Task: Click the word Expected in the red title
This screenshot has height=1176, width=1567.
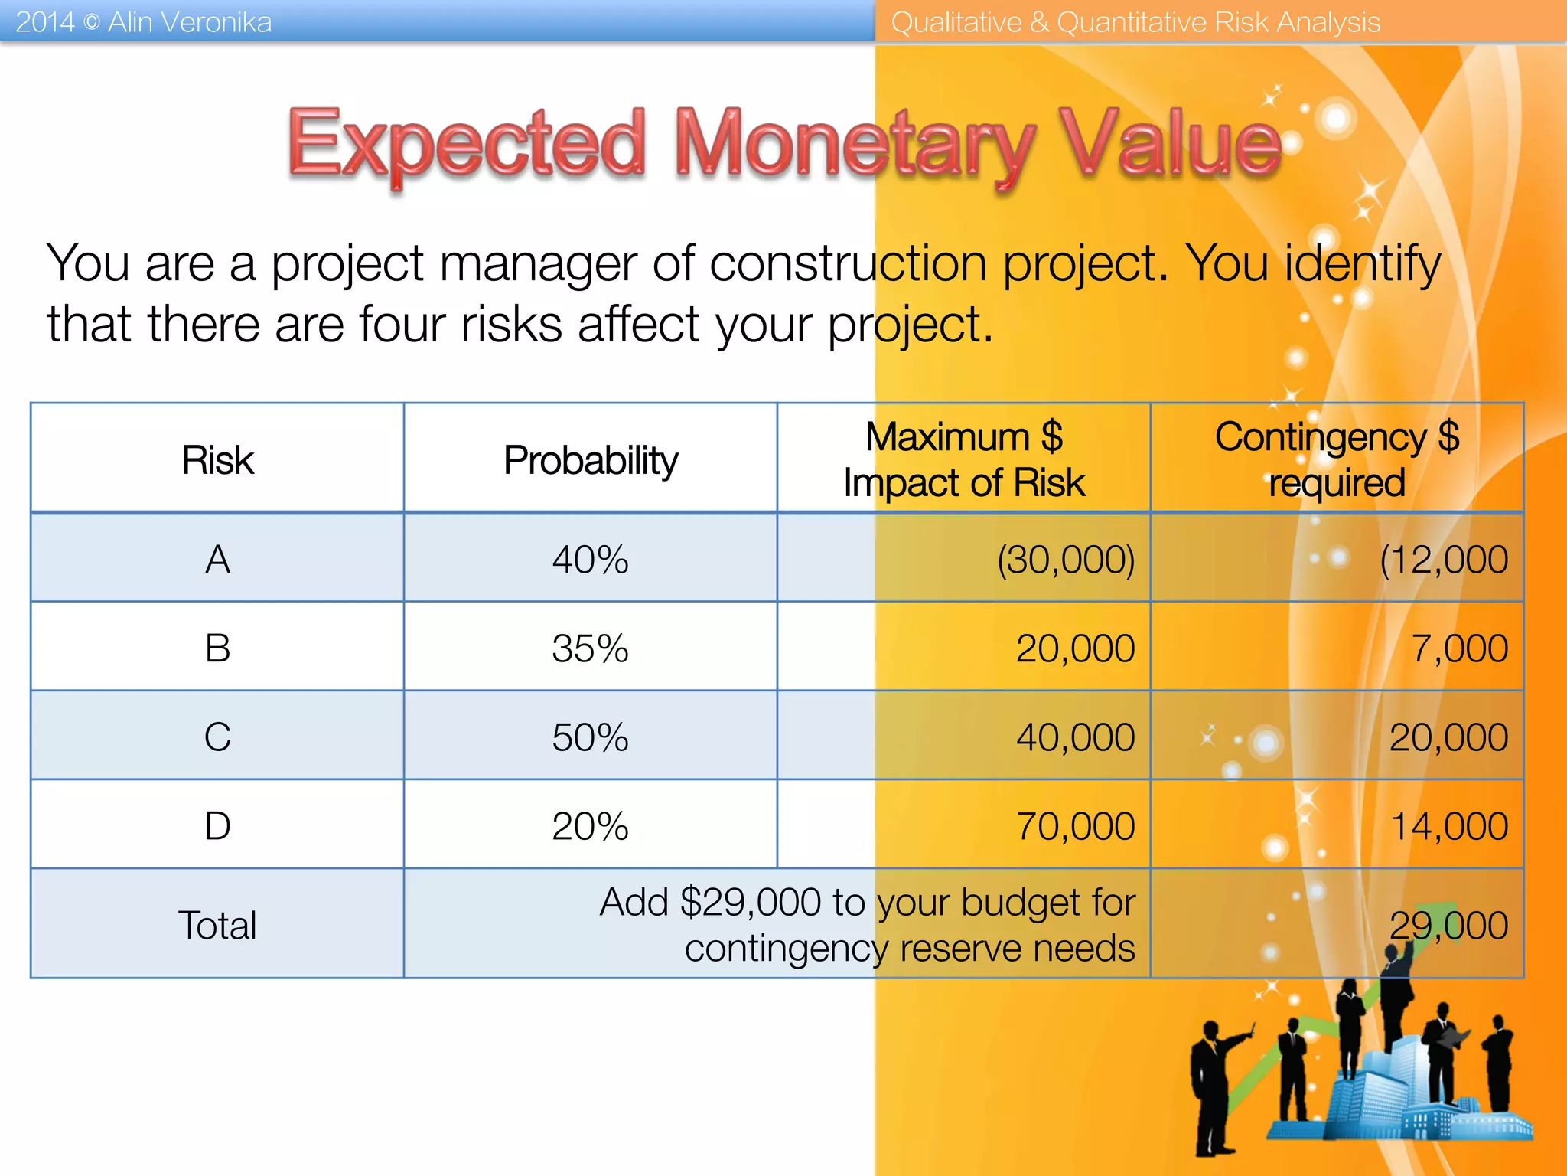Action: click(467, 144)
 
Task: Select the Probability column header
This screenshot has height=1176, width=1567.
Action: click(591, 460)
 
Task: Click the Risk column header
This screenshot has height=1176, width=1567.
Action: click(217, 460)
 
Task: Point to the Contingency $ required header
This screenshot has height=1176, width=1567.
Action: click(1337, 459)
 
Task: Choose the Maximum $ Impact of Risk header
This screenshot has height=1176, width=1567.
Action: click(964, 459)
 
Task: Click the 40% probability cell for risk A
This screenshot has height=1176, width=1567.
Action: click(590, 560)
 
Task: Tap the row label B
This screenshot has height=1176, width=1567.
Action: click(217, 648)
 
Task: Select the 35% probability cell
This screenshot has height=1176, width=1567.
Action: click(590, 648)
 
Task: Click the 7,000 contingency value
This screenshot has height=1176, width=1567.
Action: click(1459, 648)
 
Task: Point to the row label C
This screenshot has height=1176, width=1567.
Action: click(217, 737)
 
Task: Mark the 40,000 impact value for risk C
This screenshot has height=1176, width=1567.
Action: click(1075, 737)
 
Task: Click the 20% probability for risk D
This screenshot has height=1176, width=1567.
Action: click(590, 826)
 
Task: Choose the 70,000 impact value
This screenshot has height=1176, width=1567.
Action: click(1075, 826)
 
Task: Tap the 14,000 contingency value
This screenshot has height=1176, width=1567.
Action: click(1448, 826)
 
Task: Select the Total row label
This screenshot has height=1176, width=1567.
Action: click(217, 925)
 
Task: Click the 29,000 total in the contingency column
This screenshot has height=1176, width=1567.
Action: click(1448, 925)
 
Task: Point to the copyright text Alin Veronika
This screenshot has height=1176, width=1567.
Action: click(189, 22)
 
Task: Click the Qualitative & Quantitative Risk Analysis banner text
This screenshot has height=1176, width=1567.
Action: click(1135, 22)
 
